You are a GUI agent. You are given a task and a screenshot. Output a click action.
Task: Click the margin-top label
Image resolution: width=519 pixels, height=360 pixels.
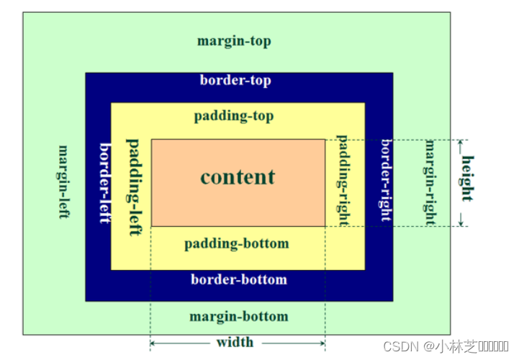[234, 41]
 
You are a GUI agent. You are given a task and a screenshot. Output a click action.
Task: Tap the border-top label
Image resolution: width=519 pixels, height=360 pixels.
[235, 81]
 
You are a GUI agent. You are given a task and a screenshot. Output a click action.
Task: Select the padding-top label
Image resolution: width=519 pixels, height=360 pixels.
[234, 116]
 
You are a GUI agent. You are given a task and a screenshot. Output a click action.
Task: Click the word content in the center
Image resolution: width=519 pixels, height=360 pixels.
[238, 177]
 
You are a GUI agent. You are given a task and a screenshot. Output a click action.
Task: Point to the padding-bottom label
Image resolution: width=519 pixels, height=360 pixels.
[236, 243]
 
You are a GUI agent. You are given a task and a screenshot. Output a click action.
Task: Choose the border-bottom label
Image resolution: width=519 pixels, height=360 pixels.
[238, 279]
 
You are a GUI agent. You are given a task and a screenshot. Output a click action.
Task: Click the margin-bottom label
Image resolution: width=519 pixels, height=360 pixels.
[238, 317]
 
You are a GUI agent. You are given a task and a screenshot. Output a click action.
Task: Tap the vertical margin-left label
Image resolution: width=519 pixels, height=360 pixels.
[64, 181]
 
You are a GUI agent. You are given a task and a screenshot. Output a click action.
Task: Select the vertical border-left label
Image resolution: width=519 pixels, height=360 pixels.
[105, 183]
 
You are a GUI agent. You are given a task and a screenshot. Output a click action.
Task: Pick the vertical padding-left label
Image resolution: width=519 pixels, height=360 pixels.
[134, 181]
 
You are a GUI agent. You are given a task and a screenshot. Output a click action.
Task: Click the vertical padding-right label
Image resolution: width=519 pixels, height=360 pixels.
[343, 180]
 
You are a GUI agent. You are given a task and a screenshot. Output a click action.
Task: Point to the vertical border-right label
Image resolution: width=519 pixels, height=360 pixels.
[386, 180]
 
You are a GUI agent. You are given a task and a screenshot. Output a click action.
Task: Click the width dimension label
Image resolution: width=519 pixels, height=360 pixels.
[235, 342]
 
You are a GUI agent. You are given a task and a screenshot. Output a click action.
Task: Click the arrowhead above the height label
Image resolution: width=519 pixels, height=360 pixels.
[461, 145]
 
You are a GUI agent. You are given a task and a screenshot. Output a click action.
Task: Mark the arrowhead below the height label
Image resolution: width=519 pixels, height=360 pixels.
[461, 220]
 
